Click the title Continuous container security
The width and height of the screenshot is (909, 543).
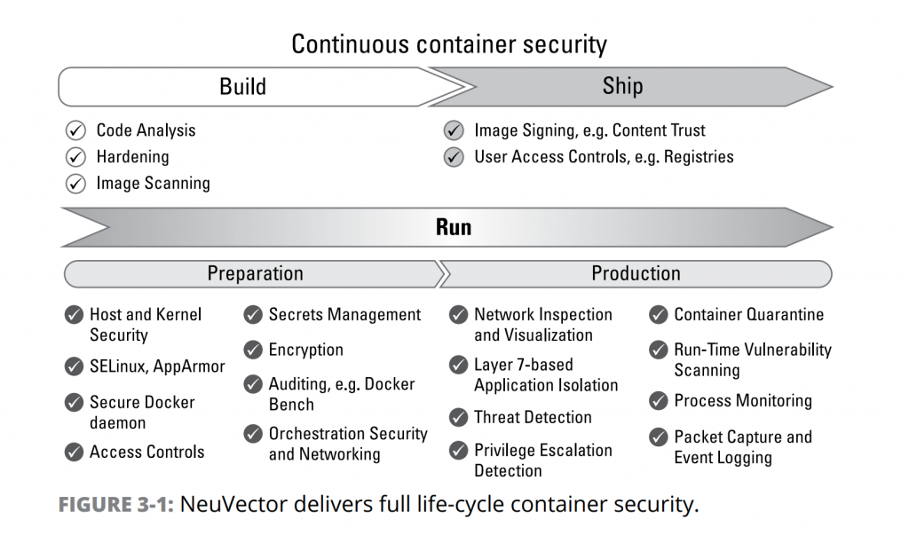[x=449, y=43]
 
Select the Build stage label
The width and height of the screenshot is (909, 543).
[x=242, y=86]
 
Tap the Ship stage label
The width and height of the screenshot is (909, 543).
[x=622, y=86]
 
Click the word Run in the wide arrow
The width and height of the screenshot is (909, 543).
[x=454, y=227]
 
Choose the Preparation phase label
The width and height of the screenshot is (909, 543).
[x=255, y=273]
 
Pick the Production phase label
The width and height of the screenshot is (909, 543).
[x=636, y=273]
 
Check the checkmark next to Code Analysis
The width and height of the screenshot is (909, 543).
[x=76, y=131]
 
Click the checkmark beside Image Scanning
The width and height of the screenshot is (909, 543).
[x=76, y=185]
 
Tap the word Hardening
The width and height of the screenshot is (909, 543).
[x=132, y=157]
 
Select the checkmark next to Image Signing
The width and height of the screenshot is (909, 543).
[x=454, y=131]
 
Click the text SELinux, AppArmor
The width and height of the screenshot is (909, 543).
[x=157, y=366]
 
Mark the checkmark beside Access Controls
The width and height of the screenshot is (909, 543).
[x=74, y=452]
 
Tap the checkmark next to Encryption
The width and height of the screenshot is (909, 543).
[x=253, y=350]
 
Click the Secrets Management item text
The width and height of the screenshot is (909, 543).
[x=344, y=315]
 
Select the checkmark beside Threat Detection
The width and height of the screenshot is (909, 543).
[x=458, y=418]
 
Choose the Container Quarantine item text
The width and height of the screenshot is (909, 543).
[x=748, y=315]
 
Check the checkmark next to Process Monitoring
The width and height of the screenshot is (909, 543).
[x=659, y=401]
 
